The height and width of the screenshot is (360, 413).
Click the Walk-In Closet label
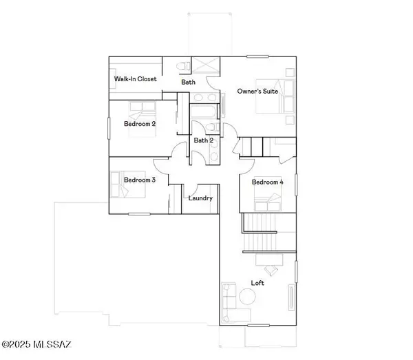(135, 79)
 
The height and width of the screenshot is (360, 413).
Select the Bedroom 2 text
(140, 124)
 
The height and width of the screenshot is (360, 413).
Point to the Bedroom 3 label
(140, 180)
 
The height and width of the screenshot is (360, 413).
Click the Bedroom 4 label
(266, 182)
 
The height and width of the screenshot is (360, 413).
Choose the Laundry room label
(200, 198)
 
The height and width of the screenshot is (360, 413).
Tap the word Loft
(257, 283)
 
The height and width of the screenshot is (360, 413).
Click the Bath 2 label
(202, 140)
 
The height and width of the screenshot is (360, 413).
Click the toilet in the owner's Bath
(181, 66)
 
